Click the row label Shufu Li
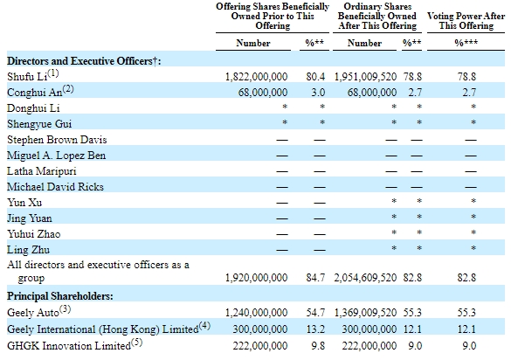coord(27,77)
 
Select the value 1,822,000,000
coord(257,77)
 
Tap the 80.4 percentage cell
coord(315,77)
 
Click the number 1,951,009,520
coord(365,77)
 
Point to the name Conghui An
coord(35,93)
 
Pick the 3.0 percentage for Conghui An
coord(318,93)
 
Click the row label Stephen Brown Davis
coord(57,140)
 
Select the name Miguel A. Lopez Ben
coord(57,156)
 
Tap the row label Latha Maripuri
coord(42,171)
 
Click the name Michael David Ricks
coord(55,187)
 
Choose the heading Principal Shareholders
coord(60,296)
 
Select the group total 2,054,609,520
coord(365,278)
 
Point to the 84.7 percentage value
coord(315,278)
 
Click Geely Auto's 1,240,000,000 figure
coord(257,313)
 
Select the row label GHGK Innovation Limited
coord(69,346)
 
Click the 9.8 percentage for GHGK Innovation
coord(318,346)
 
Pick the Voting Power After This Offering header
coord(466,21)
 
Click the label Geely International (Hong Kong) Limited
coord(103,329)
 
